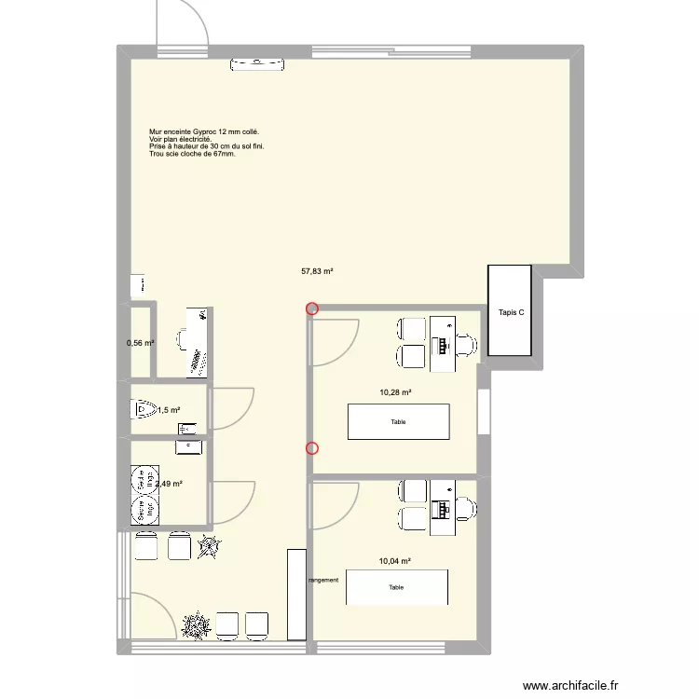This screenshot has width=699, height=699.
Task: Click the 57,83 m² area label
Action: pos(317,272)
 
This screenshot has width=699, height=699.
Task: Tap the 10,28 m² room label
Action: pos(395,392)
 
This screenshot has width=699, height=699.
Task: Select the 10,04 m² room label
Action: pos(395,561)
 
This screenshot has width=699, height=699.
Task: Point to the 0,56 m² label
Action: pos(140,343)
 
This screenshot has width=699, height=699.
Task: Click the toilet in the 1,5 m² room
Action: pos(143,408)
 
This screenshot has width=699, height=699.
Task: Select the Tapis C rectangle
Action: pos(509,311)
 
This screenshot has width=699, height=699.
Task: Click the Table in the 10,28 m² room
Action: pos(398,421)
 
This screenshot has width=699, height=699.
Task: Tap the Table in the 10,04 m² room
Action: pos(397,587)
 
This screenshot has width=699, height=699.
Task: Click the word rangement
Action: pos(323,580)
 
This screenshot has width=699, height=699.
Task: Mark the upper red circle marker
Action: pos(312,309)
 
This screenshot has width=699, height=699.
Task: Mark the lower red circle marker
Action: pos(312,448)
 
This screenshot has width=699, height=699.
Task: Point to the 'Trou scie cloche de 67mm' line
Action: pos(192,154)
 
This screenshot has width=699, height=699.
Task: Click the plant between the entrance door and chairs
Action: pos(197,625)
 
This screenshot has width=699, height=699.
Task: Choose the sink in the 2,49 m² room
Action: pos(189,446)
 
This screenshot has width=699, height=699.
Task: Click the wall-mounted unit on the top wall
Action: pos(257,63)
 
